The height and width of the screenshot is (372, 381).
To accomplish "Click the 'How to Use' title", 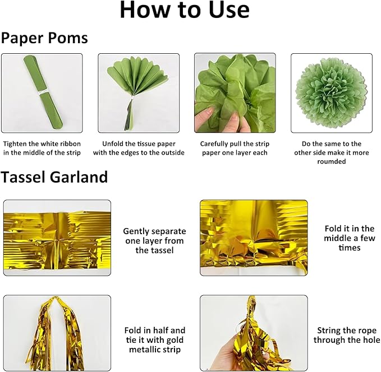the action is click(x=185, y=10).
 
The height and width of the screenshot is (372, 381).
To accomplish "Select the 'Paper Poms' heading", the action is click(x=44, y=38).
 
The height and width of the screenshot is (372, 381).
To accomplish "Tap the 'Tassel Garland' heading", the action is click(x=54, y=176).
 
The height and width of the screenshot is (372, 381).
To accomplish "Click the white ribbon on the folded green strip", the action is click(x=43, y=92).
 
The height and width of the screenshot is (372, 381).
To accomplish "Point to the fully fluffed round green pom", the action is click(x=332, y=93).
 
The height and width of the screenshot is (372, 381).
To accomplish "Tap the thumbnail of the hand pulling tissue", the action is click(x=235, y=93).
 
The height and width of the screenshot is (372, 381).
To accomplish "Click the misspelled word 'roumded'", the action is click(x=332, y=161).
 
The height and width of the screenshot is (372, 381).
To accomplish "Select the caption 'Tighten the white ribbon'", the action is click(x=42, y=143).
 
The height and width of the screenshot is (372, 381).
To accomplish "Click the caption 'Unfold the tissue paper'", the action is click(x=139, y=143).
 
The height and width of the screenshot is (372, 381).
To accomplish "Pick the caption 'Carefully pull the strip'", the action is click(x=235, y=144).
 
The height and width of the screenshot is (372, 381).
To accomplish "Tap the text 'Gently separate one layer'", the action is click(x=154, y=236).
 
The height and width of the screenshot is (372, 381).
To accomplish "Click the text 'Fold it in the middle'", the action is click(x=350, y=233).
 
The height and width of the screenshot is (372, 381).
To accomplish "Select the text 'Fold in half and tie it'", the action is click(x=155, y=335).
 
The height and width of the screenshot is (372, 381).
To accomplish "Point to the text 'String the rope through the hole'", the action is click(x=347, y=335).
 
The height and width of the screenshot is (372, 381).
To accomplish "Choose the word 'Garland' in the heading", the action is click(x=79, y=176).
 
